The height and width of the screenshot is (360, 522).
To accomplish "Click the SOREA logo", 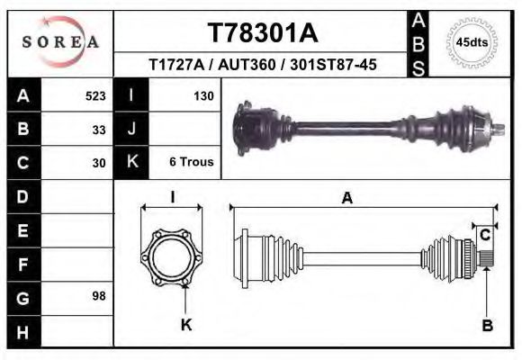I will click(61, 42).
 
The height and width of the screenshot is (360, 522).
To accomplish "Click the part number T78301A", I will click(263, 33).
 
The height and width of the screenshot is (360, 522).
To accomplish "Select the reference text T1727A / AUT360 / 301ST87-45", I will click(263, 65).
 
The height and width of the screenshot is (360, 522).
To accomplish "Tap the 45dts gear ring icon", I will click(472, 42).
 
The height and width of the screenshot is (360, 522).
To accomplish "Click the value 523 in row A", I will click(95, 95).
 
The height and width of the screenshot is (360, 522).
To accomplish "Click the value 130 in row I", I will click(202, 95).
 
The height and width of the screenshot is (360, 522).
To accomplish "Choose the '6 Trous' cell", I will click(191, 163).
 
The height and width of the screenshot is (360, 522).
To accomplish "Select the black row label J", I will click(131, 130).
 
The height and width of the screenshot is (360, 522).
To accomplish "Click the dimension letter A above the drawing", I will click(346, 199).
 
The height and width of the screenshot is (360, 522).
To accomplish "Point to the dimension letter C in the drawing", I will click(485, 235).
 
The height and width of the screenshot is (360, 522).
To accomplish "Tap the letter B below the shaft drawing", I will click(487, 326).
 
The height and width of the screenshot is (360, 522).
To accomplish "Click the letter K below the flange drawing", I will click(186, 326).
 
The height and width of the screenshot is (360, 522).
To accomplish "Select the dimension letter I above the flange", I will click(172, 198).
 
